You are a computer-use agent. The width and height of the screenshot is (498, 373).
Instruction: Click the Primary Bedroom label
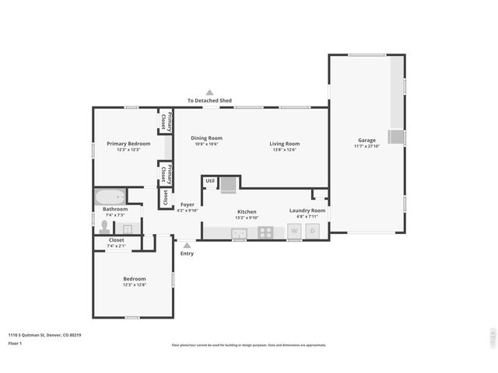point(128,144)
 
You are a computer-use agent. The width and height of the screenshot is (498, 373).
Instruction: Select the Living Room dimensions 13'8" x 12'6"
point(285,150)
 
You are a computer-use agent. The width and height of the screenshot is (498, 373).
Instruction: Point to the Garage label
point(366,140)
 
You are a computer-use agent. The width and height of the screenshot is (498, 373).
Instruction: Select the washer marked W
point(294,231)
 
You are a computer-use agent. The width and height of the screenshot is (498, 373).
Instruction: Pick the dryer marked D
point(312,231)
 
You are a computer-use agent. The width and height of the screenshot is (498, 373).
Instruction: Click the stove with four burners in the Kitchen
point(266,231)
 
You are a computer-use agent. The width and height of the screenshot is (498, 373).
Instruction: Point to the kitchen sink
point(239,232)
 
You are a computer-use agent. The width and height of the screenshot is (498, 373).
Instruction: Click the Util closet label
point(210,180)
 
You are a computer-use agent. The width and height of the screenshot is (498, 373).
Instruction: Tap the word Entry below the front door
point(187,254)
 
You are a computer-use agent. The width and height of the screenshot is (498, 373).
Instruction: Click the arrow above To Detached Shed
point(209,92)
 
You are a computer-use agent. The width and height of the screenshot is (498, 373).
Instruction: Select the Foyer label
point(188,204)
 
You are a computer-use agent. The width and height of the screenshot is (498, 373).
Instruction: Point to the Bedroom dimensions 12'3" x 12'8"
point(134,285)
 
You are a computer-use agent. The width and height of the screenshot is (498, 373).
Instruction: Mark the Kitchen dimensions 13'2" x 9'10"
point(246,218)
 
